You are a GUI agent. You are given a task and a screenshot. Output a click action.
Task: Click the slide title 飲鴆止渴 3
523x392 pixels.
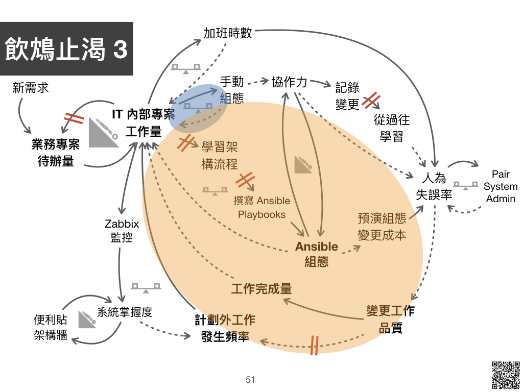(x=66, y=48)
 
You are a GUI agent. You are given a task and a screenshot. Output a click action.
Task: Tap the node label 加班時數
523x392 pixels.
(x=227, y=33)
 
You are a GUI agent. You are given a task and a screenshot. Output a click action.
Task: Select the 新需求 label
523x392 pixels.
(x=30, y=88)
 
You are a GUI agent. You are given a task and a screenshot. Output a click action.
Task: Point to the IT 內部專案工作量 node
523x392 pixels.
(x=144, y=123)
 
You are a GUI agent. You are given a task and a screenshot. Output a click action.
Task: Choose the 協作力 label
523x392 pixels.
(x=289, y=82)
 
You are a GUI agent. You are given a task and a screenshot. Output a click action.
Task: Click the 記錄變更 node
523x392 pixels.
(x=347, y=96)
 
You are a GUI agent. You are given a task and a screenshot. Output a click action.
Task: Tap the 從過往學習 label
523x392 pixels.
(x=392, y=128)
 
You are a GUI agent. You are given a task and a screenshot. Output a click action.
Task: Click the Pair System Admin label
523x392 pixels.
(x=501, y=186)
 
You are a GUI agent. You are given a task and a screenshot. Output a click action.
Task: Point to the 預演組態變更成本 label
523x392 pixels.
(x=382, y=227)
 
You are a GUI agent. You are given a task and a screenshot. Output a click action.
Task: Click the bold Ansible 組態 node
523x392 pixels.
(x=317, y=254)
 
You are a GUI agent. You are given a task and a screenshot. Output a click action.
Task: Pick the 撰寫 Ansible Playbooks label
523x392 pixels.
(x=262, y=207)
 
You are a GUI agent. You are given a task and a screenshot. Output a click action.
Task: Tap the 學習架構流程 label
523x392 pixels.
(x=220, y=155)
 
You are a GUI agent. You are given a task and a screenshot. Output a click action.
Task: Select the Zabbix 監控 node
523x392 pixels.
(x=122, y=230)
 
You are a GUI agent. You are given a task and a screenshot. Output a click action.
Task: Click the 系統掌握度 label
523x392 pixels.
(x=125, y=312)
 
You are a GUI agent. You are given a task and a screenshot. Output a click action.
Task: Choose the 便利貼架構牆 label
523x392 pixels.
(x=51, y=327)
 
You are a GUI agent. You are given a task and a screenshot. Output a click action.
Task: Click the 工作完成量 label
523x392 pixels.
(x=261, y=289)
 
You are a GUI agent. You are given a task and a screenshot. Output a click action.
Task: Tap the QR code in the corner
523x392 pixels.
(x=506, y=375)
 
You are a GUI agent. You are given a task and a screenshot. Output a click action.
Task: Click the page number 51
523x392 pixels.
(x=250, y=380)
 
